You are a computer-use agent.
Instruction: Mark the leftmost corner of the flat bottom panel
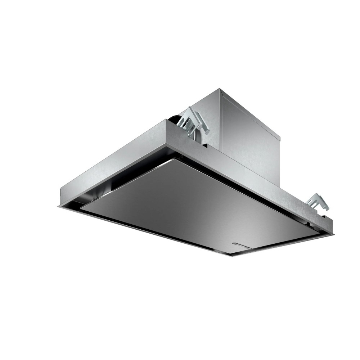(x=81, y=208)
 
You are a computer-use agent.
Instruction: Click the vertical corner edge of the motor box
(x=220, y=122)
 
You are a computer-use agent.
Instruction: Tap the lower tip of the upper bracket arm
(x=207, y=134)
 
